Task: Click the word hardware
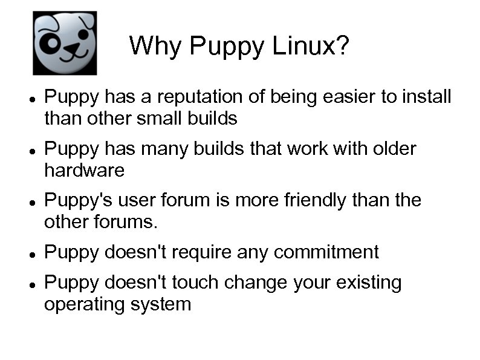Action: pyautogui.click(x=84, y=170)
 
